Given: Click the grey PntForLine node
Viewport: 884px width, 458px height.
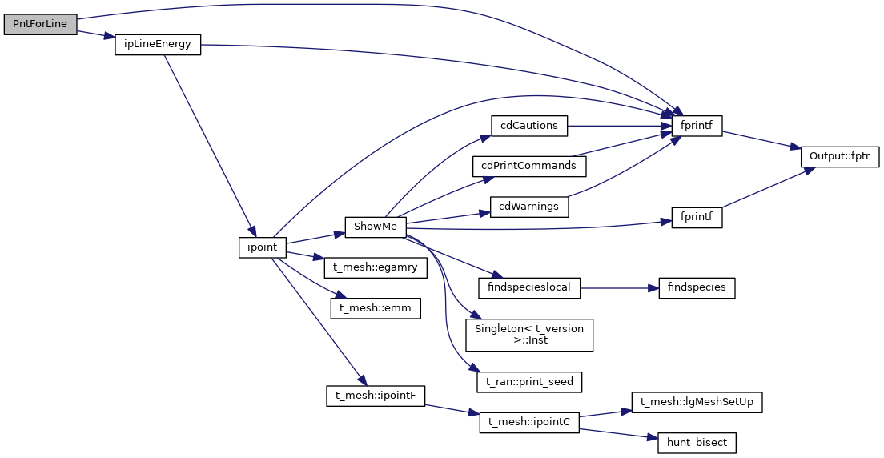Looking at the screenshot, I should click(40, 25).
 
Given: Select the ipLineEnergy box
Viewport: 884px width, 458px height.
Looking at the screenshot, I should click(157, 45).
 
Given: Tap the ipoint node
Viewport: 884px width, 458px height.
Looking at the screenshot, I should click(262, 247).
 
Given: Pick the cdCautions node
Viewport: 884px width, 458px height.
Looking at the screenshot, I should click(529, 126).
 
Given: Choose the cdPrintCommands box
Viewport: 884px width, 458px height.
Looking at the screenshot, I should click(529, 166).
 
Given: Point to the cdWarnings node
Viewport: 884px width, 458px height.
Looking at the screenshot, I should click(528, 207).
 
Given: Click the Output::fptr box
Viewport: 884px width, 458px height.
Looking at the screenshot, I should click(840, 157).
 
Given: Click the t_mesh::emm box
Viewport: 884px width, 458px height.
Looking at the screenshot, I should click(376, 308).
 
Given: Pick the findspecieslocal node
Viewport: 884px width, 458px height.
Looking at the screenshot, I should click(529, 287).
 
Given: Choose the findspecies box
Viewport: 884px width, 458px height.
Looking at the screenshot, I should click(697, 287).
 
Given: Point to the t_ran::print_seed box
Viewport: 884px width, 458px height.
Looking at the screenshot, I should click(529, 382).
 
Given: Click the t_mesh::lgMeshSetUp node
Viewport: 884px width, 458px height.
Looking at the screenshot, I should click(697, 402).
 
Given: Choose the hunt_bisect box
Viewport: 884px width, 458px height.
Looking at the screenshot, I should click(697, 442).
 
